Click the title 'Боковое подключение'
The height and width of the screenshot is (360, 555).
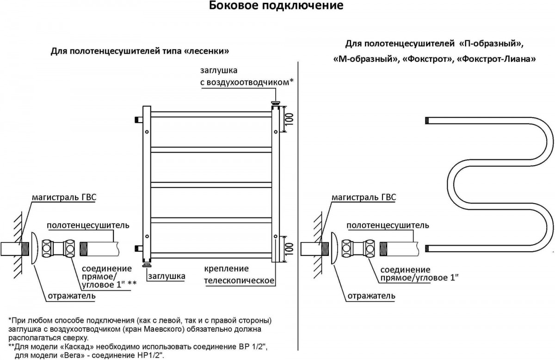click(x=276, y=6)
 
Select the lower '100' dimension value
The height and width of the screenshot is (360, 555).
click(x=289, y=249)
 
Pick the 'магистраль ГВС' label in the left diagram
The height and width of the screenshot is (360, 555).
click(x=64, y=197)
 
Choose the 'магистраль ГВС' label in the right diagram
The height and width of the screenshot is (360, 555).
click(x=364, y=198)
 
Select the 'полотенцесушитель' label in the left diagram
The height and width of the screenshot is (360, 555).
click(x=87, y=225)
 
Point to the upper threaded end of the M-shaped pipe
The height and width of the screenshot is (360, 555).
click(x=428, y=121)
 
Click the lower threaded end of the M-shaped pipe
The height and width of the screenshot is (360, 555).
click(x=428, y=248)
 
